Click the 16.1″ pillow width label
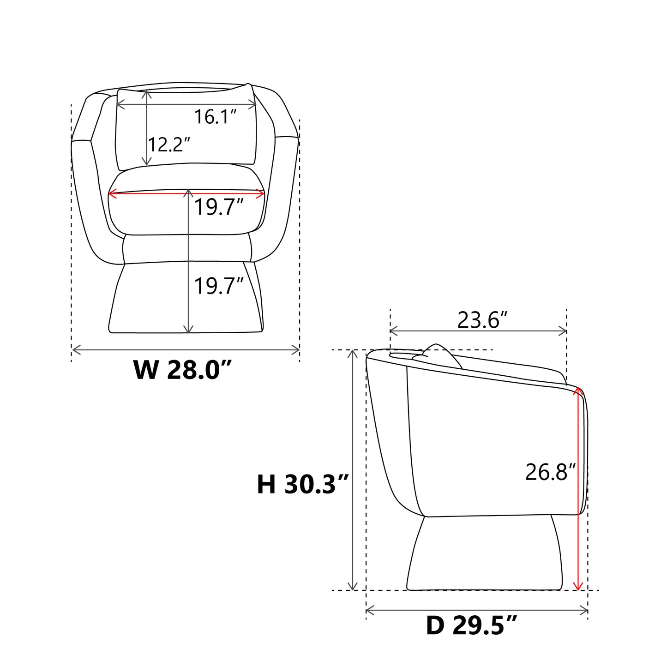coord(215,117)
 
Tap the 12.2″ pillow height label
coord(169,144)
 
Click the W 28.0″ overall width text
coord(182,370)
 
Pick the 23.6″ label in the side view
coord(482,320)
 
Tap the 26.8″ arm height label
coord(550,472)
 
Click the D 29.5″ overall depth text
coord(471,635)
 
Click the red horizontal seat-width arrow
coord(186,194)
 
